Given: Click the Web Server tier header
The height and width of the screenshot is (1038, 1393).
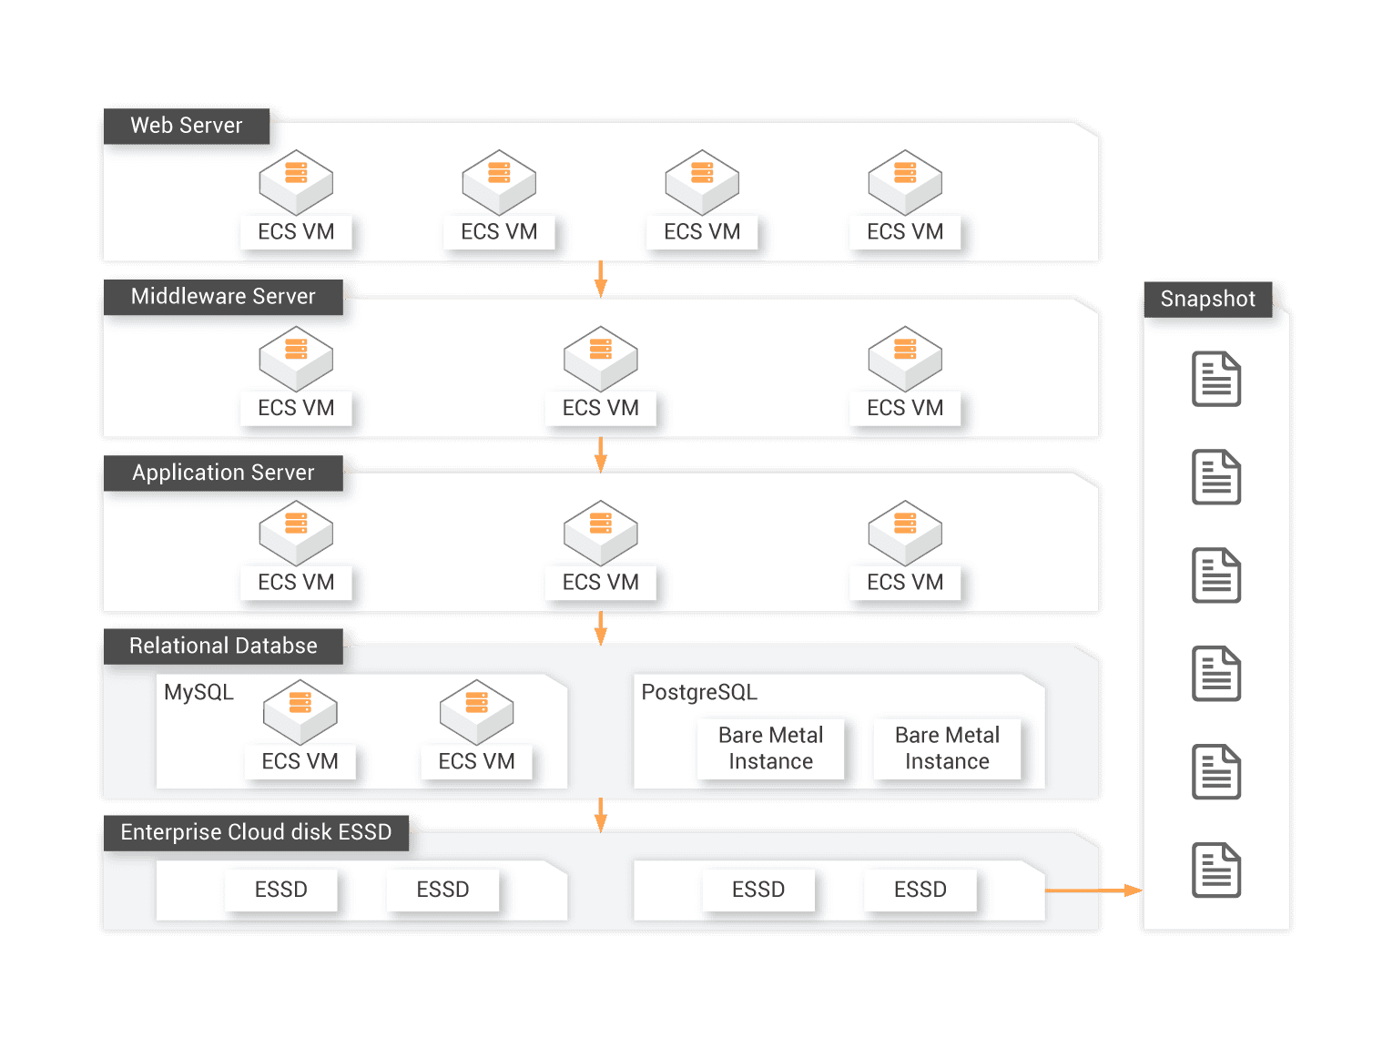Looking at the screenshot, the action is point(187,126).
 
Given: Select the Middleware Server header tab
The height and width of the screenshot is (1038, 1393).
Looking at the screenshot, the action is point(223,297).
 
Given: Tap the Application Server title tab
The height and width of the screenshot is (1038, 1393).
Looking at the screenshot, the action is point(223,473).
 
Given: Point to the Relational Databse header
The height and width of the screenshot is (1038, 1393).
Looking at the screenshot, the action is point(223,646).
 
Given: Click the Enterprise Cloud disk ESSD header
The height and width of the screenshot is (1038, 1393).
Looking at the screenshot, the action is point(256,832).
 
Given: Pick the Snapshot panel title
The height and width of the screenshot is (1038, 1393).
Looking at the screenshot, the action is point(1207,299).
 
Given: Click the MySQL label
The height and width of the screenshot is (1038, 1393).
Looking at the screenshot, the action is point(198,692).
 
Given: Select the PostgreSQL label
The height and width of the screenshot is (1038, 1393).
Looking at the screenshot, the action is point(699,692).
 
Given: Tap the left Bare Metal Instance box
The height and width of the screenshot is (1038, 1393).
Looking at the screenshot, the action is point(770,748).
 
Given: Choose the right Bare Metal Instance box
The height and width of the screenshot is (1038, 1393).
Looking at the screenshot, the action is point(947,748).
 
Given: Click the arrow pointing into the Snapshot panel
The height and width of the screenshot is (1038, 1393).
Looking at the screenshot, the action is point(1093,890).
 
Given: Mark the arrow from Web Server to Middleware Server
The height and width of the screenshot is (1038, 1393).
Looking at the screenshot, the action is point(600,279).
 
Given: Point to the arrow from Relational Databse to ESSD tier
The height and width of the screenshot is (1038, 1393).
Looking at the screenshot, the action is point(600,814).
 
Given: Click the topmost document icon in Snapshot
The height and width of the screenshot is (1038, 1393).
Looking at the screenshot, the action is point(1216,379).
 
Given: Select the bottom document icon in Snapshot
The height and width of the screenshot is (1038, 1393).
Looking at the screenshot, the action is point(1216,870).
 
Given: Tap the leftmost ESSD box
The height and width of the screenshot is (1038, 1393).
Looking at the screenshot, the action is point(280,890).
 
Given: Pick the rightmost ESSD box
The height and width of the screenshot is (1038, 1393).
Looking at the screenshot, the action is point(920,890).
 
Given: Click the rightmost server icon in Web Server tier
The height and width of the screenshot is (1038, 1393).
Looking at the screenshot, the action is point(905,181).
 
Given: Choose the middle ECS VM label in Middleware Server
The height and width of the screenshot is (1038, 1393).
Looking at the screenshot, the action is point(601,408).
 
